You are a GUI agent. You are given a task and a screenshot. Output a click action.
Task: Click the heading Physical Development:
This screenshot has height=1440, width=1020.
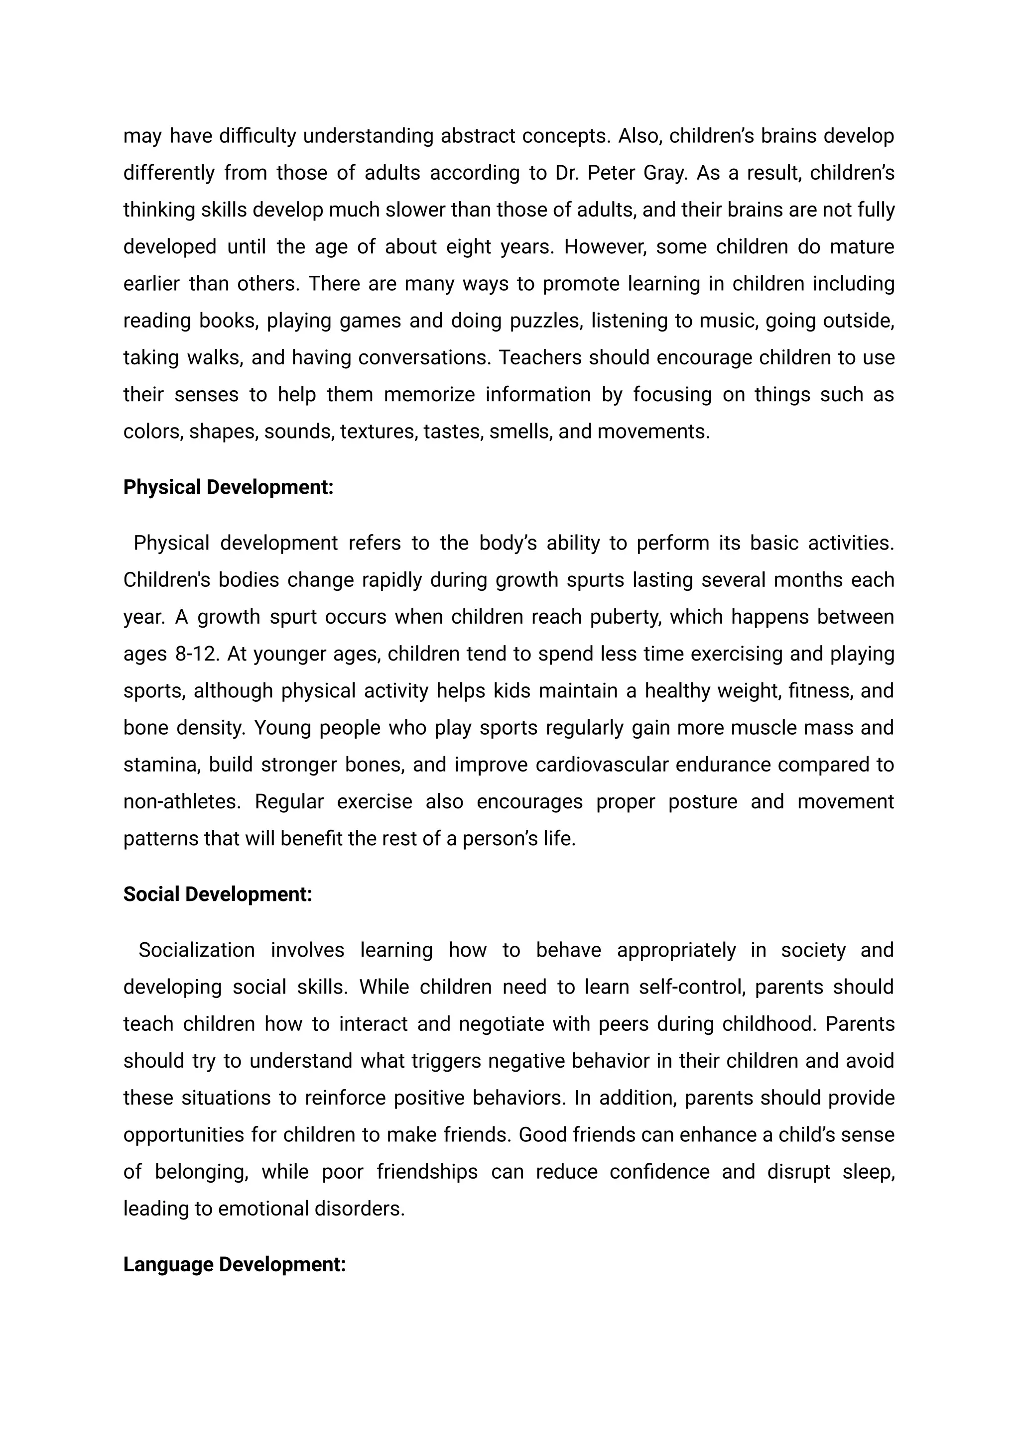pyautogui.click(x=228, y=487)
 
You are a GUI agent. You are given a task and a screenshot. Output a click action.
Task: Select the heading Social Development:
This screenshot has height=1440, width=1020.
pyautogui.click(x=217, y=894)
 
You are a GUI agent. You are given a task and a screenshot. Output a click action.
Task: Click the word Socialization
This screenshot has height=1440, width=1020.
pyautogui.click(x=197, y=950)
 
